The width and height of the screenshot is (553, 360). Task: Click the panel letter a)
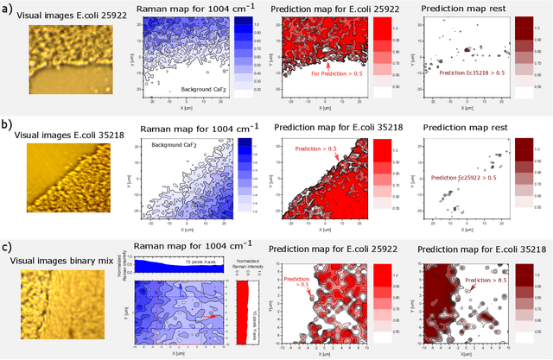(x=8, y=10)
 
